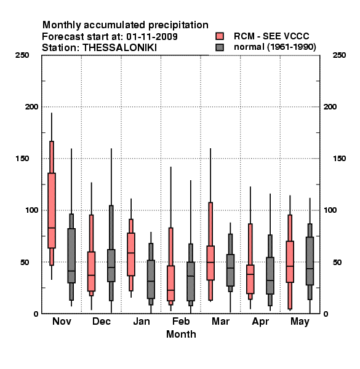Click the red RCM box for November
[x=52, y=210]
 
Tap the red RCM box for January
[x=131, y=254]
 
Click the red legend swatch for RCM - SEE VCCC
[x=220, y=36]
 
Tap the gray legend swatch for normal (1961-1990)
[x=220, y=47]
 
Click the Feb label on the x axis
[x=181, y=321]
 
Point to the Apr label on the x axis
[x=260, y=322]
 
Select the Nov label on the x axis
[x=62, y=321]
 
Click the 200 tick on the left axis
[x=31, y=107]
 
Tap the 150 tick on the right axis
[x=339, y=159]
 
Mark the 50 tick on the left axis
[x=25, y=262]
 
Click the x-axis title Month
[x=181, y=334]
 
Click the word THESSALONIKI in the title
[x=119, y=48]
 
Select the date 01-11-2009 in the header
[x=152, y=36]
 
